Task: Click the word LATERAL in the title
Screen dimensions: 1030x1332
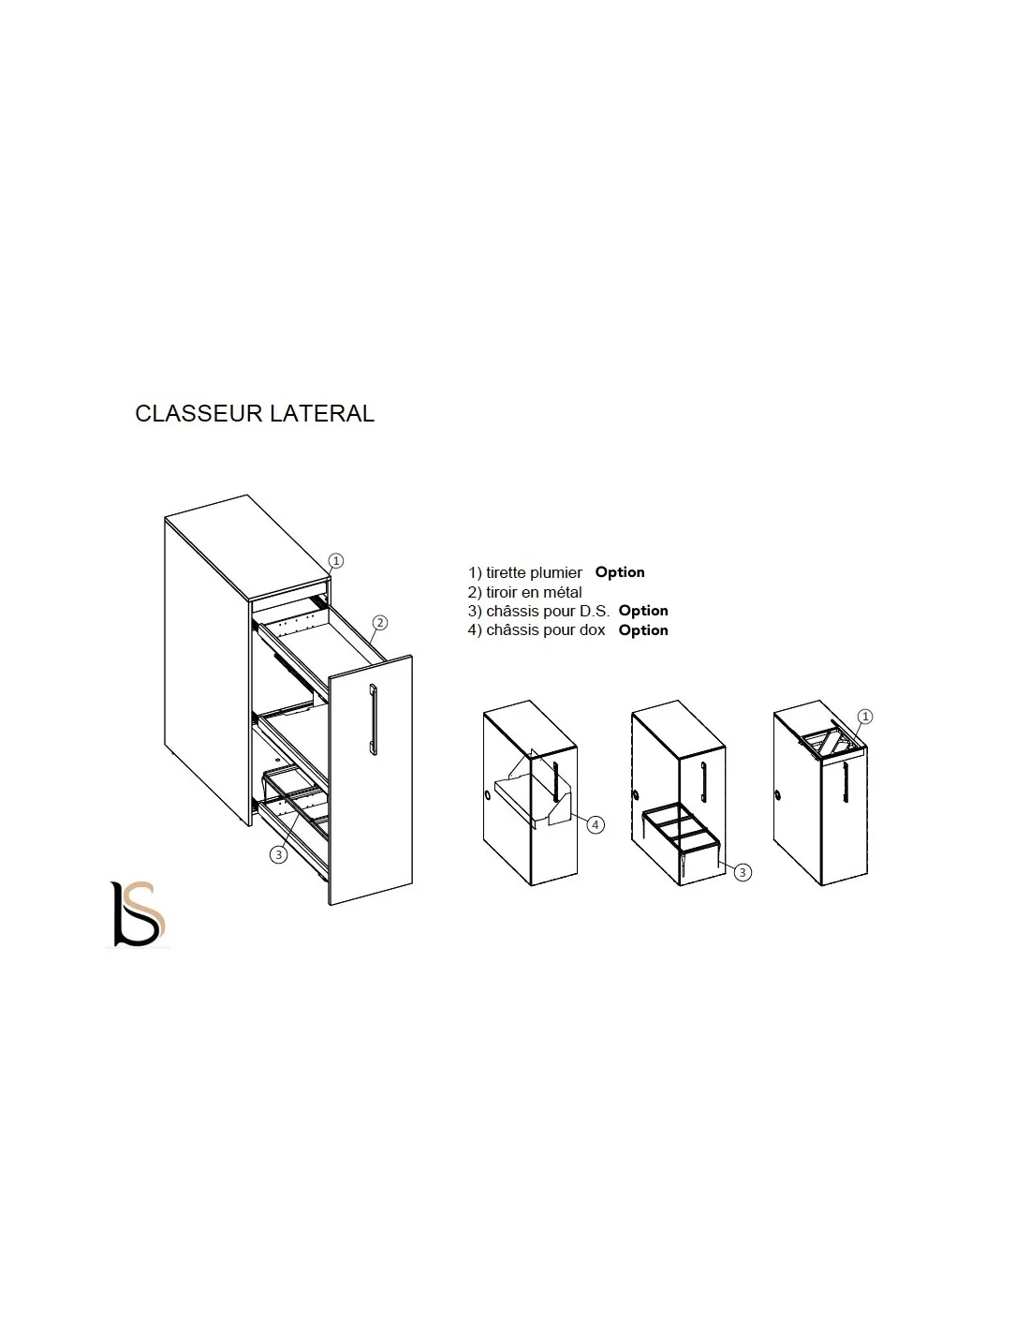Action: [322, 413]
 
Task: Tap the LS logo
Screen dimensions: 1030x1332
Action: [138, 913]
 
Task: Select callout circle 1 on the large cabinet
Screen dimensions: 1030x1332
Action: [336, 560]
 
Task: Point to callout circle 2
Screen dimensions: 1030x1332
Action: [380, 623]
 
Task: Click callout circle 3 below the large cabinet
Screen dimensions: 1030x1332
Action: [279, 854]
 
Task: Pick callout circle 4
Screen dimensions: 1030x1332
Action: [596, 825]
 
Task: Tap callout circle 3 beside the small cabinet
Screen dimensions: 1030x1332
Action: [743, 872]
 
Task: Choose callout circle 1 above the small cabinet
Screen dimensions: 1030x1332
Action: [865, 716]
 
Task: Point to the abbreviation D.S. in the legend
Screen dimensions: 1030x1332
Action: [595, 611]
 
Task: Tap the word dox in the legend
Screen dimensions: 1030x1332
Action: [592, 630]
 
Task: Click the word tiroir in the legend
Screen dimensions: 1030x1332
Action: [501, 592]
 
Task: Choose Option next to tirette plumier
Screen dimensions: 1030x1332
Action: [620, 572]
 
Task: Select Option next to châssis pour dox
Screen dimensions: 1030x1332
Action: [643, 630]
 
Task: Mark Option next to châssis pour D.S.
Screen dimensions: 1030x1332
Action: [643, 611]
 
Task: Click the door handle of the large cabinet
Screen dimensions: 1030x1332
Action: [374, 719]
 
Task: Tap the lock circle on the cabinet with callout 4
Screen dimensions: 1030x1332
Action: [487, 795]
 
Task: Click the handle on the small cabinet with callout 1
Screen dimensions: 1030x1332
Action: [845, 781]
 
